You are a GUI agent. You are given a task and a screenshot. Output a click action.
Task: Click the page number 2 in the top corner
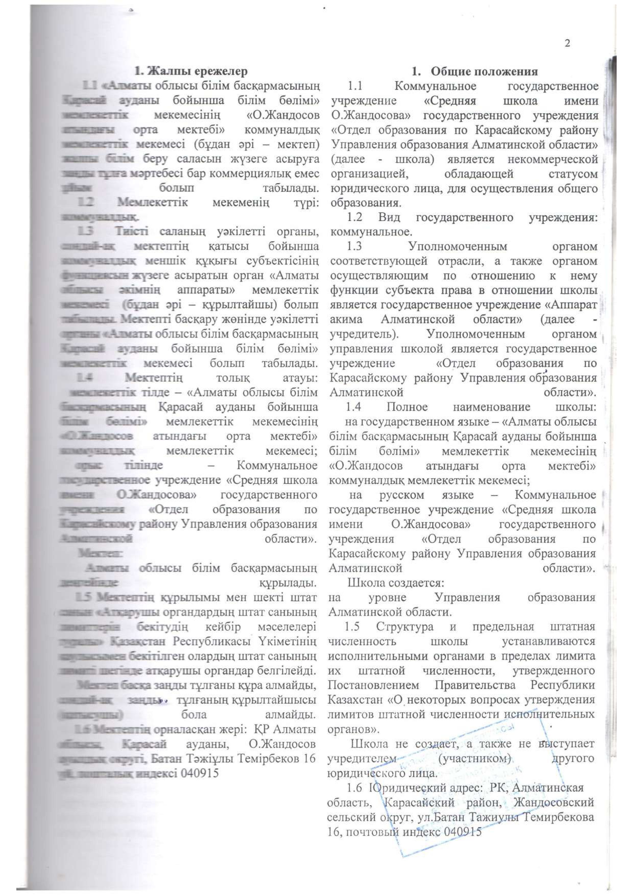pos(567,43)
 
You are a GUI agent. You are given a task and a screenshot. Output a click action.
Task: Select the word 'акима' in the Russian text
pos(346,320)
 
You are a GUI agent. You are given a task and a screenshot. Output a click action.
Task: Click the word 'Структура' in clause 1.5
pos(405,627)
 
